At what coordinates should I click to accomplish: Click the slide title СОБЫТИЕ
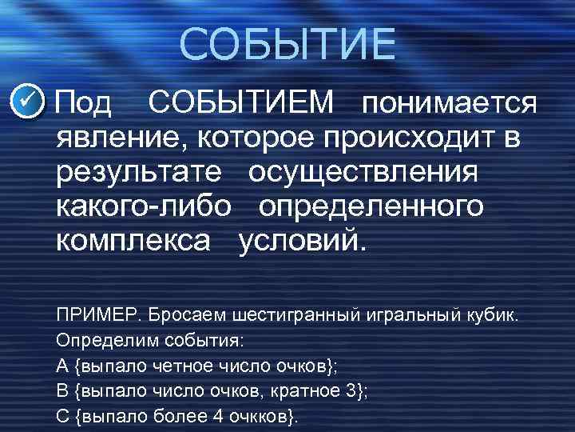[287, 45]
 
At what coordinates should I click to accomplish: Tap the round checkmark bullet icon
[30, 103]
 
